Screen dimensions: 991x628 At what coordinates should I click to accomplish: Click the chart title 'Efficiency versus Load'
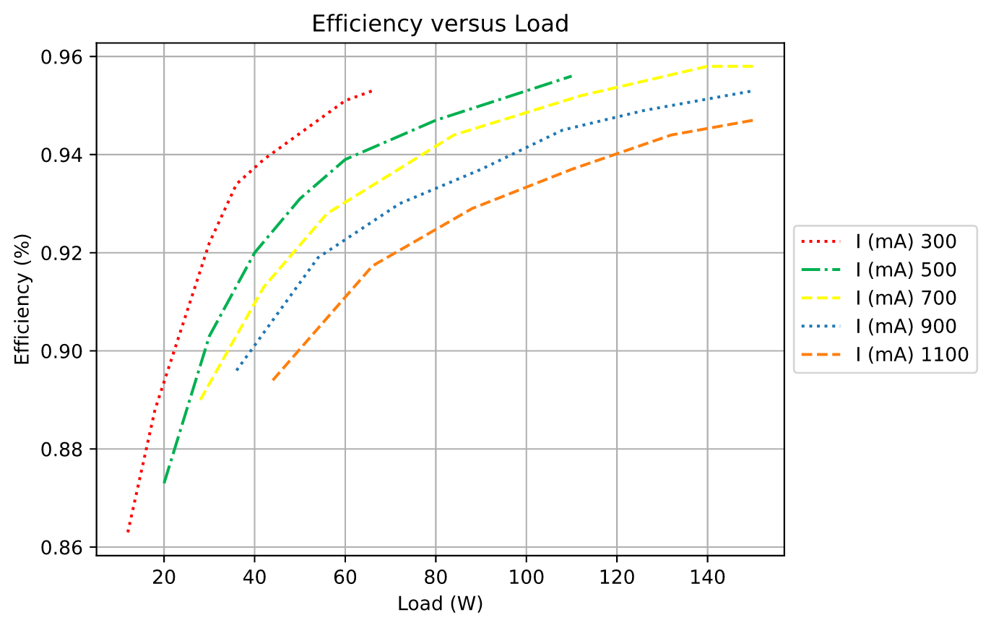(x=440, y=23)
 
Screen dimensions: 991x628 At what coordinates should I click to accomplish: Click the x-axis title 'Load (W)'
(x=440, y=603)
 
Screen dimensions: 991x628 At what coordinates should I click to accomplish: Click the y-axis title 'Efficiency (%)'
(x=22, y=299)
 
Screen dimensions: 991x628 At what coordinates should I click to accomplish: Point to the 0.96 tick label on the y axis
(x=62, y=57)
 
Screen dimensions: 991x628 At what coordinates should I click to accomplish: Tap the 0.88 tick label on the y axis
(x=62, y=450)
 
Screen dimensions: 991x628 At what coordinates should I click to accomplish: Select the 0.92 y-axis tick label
(x=62, y=254)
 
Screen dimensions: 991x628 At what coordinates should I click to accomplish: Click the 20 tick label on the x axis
(x=164, y=577)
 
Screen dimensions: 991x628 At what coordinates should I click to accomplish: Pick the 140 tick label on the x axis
(x=707, y=577)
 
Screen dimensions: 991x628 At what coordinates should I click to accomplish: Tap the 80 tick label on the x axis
(x=436, y=577)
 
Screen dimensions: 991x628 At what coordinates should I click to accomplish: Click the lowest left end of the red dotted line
(x=127, y=532)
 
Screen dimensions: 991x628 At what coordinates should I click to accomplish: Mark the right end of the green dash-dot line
(x=571, y=76)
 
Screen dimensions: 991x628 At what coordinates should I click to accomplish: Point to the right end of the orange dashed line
(x=753, y=120)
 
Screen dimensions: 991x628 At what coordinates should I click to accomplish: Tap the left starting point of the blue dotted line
(x=236, y=371)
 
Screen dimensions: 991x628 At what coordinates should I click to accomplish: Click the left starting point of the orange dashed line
(x=272, y=380)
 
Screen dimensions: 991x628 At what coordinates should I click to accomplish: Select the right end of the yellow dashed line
(x=753, y=66)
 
